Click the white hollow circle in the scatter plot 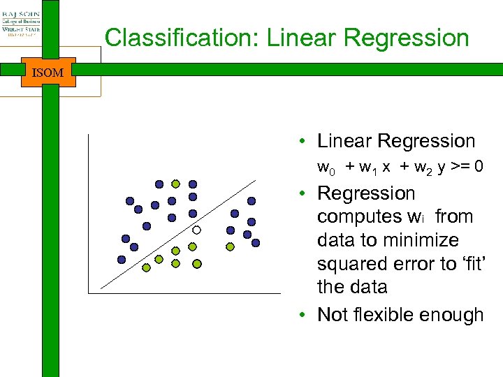197,230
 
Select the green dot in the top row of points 176,184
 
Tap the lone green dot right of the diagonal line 231,246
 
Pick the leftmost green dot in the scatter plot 146,267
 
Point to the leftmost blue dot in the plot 122,259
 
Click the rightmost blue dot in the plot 256,243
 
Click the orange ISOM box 48,72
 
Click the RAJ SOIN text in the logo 21,14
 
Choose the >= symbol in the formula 464,168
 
